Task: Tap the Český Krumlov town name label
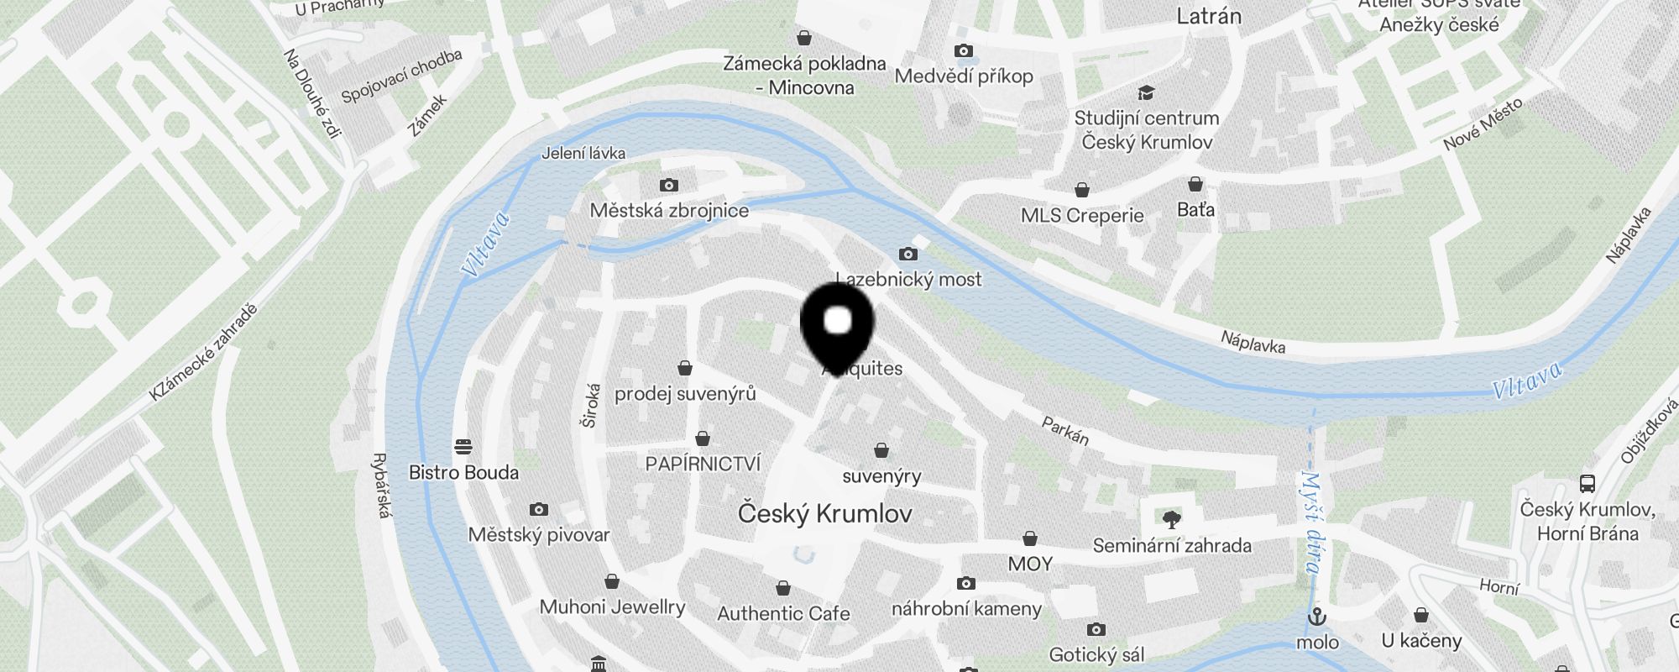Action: [x=824, y=513]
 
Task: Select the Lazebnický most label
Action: [x=909, y=279]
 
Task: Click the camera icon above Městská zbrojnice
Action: [x=668, y=185]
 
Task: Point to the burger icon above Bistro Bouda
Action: [x=463, y=445]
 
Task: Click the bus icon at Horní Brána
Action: [x=1587, y=483]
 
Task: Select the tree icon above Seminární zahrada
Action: [x=1171, y=519]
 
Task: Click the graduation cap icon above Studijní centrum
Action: [x=1146, y=92]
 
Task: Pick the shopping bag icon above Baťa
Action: [x=1195, y=184]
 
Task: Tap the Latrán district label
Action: [x=1209, y=15]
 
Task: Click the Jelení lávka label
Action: [x=583, y=153]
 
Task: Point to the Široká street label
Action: [x=591, y=406]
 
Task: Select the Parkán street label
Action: [x=1065, y=431]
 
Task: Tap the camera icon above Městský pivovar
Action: [x=539, y=509]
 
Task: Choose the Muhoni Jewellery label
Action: [x=612, y=606]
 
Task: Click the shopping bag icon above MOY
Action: [x=1030, y=538]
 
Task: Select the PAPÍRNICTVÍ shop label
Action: [x=703, y=464]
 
